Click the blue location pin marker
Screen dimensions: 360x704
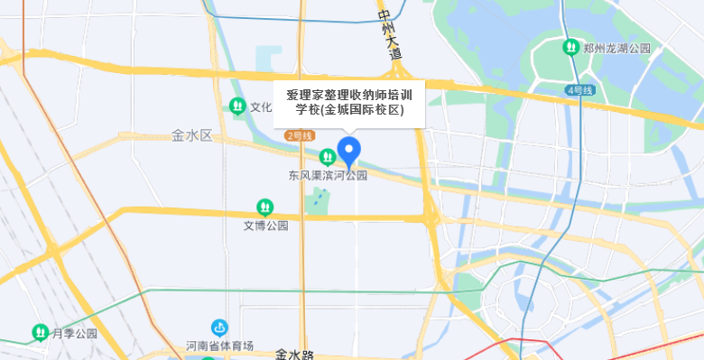pos(348,151)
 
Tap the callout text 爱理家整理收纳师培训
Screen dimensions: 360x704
pos(349,95)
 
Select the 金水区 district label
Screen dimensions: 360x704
pos(191,135)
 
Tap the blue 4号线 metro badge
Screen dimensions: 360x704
pos(579,90)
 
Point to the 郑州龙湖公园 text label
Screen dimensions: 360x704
pos(617,47)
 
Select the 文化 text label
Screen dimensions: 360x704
pos(261,106)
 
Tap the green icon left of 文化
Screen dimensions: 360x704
pos(237,106)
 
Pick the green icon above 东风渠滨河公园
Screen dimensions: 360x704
pos(328,157)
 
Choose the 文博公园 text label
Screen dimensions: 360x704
pos(265,226)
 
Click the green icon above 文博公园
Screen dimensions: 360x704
pos(264,208)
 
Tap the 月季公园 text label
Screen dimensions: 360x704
pos(74,333)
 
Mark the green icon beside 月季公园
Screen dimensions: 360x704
pos(41,332)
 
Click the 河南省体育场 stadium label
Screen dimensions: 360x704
pos(219,346)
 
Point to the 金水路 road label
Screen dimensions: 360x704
pos(294,354)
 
